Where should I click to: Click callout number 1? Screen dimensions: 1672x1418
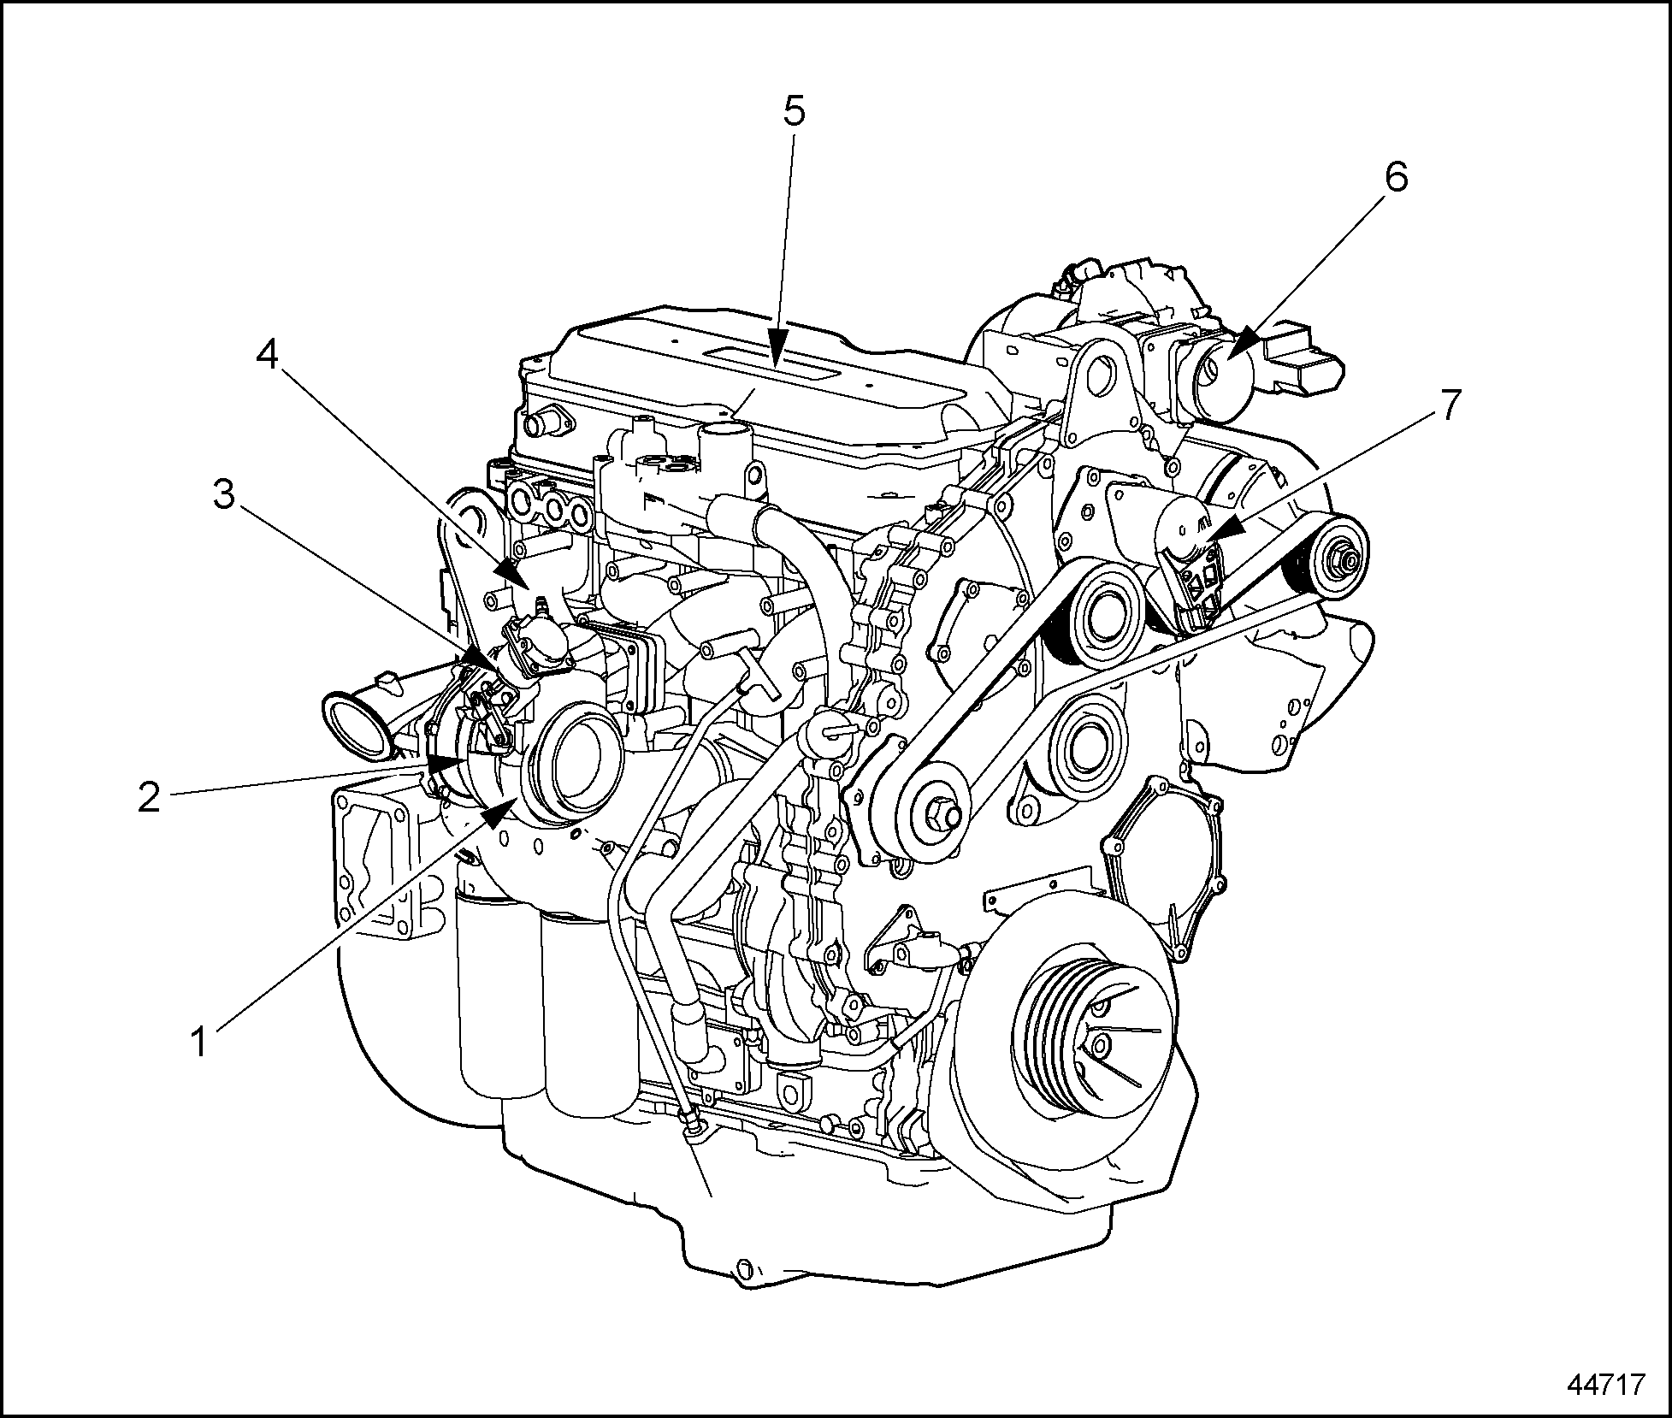click(x=198, y=1043)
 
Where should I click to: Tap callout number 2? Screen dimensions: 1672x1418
click(x=149, y=797)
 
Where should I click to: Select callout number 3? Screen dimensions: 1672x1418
click(x=223, y=494)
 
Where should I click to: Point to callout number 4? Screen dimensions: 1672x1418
click(x=268, y=354)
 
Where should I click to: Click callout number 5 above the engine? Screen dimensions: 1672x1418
click(x=795, y=110)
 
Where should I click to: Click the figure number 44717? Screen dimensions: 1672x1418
click(x=1605, y=1384)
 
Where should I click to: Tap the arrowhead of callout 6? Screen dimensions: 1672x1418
click(x=1244, y=341)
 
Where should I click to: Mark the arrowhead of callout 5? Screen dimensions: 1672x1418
click(x=777, y=350)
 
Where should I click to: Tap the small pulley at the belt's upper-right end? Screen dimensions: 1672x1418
click(x=1340, y=560)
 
